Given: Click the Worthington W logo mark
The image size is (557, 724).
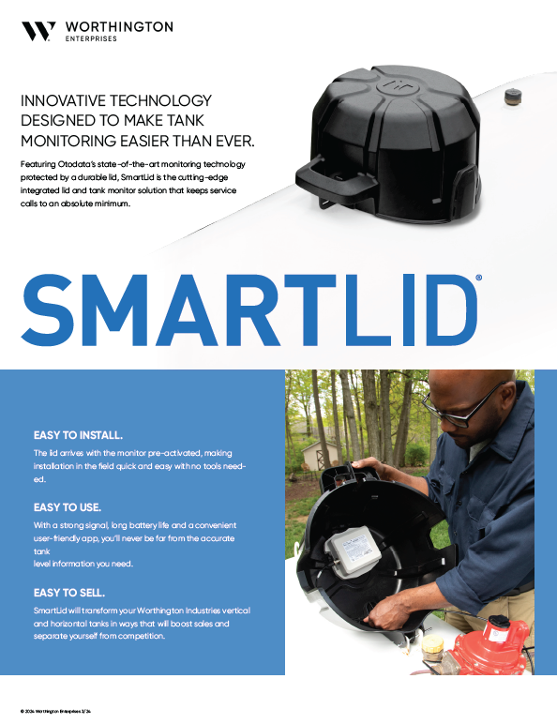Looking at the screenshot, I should [x=38, y=31].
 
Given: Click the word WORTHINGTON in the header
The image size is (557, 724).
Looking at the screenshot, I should [x=119, y=27].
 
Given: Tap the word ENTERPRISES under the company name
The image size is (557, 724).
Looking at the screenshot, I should [x=91, y=40].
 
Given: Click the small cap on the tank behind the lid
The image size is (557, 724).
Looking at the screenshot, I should [x=512, y=97].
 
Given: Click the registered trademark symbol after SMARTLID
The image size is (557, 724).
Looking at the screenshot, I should [x=479, y=279].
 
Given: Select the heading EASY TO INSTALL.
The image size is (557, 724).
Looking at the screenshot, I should [x=78, y=435].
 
